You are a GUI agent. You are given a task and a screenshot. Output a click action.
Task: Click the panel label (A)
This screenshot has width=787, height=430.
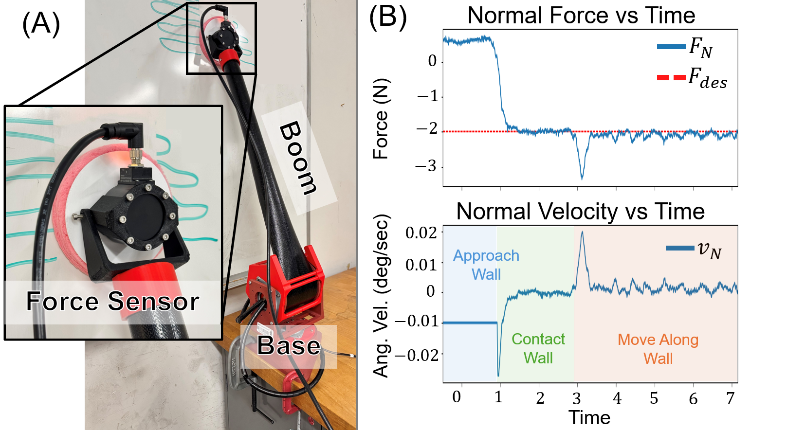pyautogui.click(x=41, y=24)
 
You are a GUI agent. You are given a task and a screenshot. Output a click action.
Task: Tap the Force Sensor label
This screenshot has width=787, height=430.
pyautogui.click(x=112, y=301)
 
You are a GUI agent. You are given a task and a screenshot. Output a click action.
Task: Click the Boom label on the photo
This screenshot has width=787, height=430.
pyautogui.click(x=298, y=159)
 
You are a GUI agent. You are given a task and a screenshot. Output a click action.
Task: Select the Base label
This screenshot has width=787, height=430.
pyautogui.click(x=289, y=346)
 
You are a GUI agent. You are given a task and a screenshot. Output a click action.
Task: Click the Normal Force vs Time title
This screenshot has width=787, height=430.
pyautogui.click(x=581, y=16)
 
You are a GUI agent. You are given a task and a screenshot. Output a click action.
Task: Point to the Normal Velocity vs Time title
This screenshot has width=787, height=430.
pyautogui.click(x=580, y=212)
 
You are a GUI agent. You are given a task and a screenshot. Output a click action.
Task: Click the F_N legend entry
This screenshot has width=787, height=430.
pyautogui.click(x=685, y=47)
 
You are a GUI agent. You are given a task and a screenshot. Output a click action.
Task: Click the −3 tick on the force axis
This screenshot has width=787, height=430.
pyautogui.click(x=426, y=167)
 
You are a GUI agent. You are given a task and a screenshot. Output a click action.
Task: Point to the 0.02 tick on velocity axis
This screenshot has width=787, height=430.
pyautogui.click(x=421, y=233)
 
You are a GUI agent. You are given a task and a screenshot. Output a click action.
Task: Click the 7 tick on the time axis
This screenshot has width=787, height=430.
pyautogui.click(x=730, y=398)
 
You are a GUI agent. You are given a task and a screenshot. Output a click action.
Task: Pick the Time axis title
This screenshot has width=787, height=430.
pyautogui.click(x=589, y=418)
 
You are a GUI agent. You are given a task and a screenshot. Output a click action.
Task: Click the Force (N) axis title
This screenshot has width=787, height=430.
pyautogui.click(x=381, y=119)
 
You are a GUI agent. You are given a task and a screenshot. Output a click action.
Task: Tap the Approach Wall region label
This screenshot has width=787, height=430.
pyautogui.click(x=486, y=265)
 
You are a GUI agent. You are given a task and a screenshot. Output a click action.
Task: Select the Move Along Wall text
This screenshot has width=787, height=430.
pyautogui.click(x=658, y=349)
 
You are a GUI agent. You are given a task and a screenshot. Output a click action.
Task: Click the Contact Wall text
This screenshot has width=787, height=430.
pyautogui.click(x=538, y=348)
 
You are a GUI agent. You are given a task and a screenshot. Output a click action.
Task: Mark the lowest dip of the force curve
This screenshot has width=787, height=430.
pyautogui.click(x=582, y=179)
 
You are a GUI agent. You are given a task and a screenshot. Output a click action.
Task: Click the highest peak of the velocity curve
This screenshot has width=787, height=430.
pyautogui.click(x=582, y=232)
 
